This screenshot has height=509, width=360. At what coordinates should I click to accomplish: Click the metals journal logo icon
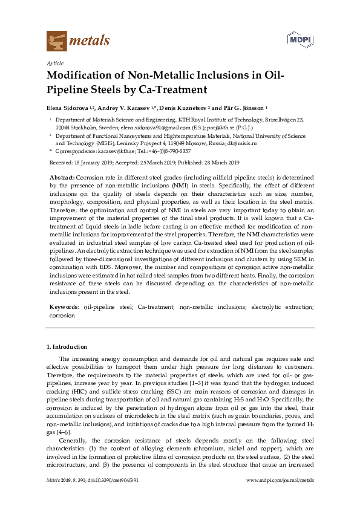pos(56,41)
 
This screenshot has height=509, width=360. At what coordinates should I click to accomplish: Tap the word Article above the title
pos(55,63)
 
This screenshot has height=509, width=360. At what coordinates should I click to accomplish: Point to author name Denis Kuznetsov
pos(181,107)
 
